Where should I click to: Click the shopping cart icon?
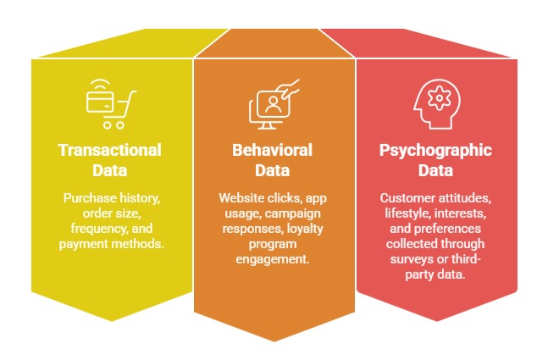tap(110, 102)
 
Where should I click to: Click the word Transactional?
tap(110, 151)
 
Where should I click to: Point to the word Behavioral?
tap(273, 151)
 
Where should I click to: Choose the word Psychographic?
tap(435, 151)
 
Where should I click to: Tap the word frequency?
tap(89, 229)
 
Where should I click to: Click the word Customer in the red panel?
tap(405, 198)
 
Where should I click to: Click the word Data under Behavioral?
tap(273, 169)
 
